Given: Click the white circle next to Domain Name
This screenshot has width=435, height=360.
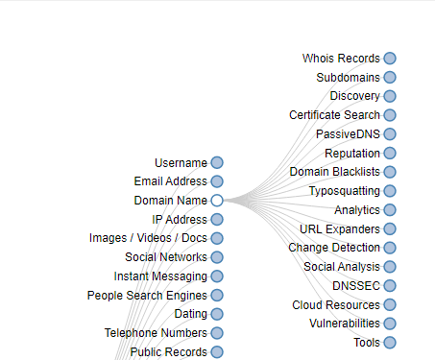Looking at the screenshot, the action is [x=217, y=201].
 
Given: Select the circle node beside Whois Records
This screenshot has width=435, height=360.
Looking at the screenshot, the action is [x=390, y=59].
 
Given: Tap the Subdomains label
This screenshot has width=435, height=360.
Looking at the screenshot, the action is [x=348, y=78].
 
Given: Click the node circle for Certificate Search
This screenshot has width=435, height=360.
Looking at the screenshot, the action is [x=390, y=115].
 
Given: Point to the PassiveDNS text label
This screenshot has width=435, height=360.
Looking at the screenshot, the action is [x=348, y=134].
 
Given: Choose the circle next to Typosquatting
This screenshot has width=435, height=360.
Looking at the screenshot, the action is [x=390, y=191].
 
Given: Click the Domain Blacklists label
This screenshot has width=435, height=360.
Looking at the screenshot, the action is [x=335, y=172].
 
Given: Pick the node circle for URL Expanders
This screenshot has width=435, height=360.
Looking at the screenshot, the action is [x=390, y=228].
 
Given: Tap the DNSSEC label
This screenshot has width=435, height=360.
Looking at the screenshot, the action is [x=356, y=286].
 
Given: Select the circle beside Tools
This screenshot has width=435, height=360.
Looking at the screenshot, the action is [x=390, y=343].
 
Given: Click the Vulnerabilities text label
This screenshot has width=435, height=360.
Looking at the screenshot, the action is [x=345, y=324].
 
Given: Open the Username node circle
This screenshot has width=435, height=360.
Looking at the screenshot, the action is [x=217, y=162].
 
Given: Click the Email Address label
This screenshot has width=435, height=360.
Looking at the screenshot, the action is [x=171, y=181].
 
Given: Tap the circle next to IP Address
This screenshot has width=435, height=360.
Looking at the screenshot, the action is [x=217, y=220].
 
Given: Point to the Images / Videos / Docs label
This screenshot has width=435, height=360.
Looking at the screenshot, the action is [x=148, y=238].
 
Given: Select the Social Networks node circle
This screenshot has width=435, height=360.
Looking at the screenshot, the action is [x=217, y=257].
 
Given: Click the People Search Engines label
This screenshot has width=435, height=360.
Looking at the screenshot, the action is [x=147, y=296].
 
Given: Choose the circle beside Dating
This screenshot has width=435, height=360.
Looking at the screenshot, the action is [x=217, y=314].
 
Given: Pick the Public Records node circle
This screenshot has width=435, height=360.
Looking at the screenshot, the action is [x=217, y=352].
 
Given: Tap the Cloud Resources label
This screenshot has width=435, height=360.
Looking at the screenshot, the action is [x=336, y=305].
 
